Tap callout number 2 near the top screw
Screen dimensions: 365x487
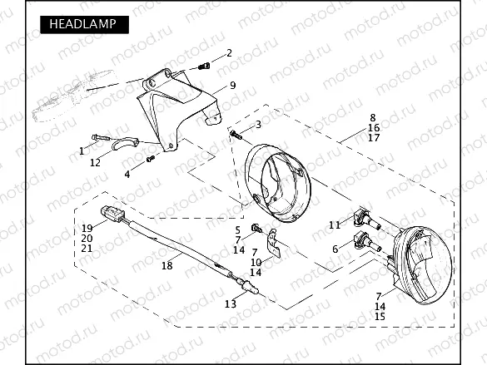229,53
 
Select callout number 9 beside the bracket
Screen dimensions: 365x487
233,85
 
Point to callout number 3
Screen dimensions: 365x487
258,124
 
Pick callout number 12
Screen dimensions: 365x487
95,162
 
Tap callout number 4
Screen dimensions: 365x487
127,174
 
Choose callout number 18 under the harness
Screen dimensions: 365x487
166,265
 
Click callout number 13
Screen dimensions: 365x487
231,304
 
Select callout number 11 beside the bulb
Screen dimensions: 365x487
334,224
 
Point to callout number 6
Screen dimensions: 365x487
335,249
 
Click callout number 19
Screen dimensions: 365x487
87,228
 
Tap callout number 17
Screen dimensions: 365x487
373,138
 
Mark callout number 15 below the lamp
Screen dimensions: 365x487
380,317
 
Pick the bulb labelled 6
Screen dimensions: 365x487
364,243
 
